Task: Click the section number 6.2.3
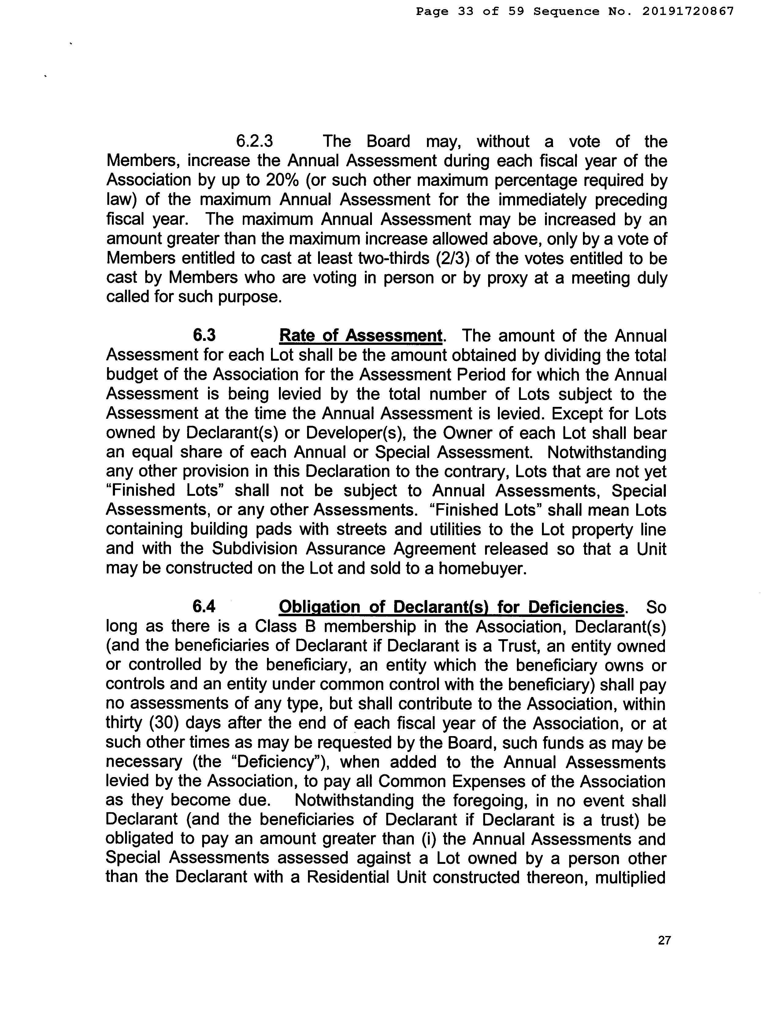[x=254, y=141]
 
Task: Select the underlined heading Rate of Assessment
[x=360, y=335]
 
